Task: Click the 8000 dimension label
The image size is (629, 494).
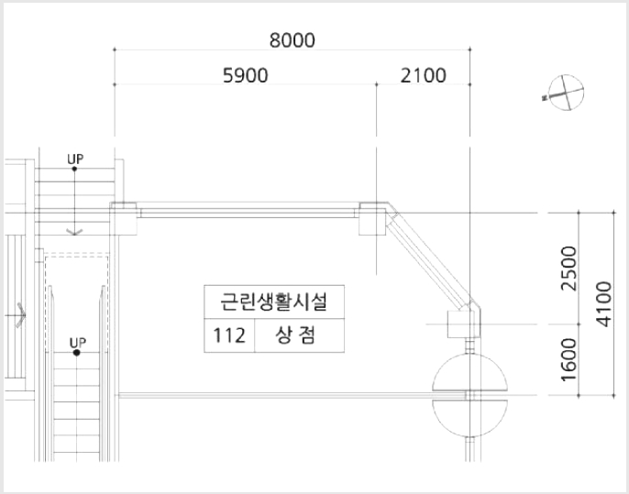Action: (292, 40)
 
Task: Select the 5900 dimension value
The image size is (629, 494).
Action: (245, 75)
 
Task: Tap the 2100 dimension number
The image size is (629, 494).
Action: (424, 75)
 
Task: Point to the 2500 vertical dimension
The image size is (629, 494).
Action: (568, 269)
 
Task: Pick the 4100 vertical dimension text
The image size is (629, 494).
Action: (603, 304)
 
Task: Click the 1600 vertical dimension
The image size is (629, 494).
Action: (568, 359)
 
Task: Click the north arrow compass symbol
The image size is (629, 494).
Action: (565, 93)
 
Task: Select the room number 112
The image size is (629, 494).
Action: (229, 335)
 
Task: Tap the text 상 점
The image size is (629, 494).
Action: (295, 335)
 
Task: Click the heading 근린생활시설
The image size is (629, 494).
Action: (274, 302)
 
